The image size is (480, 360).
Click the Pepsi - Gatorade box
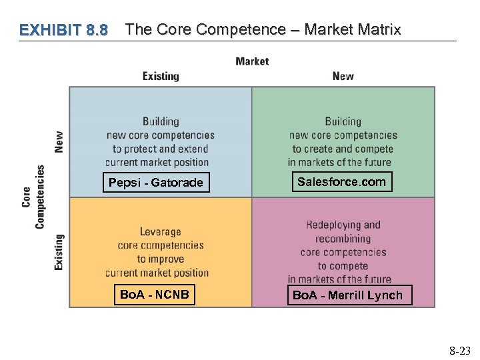pyautogui.click(x=155, y=182)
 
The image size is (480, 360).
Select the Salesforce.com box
pyautogui.click(x=341, y=181)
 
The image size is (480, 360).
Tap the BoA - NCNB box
pyautogui.click(x=154, y=294)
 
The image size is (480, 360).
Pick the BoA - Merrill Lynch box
pyautogui.click(x=347, y=295)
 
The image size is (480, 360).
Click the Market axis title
pyautogui.click(x=252, y=61)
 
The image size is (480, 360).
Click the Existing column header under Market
pyautogui.click(x=161, y=76)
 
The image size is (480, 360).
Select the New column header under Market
pyautogui.click(x=343, y=76)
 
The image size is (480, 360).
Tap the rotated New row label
pyautogui.click(x=59, y=141)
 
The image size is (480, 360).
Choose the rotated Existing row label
pyautogui.click(x=59, y=252)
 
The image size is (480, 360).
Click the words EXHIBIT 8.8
pyautogui.click(x=63, y=30)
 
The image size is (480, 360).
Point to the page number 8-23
pyautogui.click(x=459, y=349)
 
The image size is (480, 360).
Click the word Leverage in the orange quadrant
pyautogui.click(x=160, y=232)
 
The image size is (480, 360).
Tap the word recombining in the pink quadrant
pyautogui.click(x=343, y=239)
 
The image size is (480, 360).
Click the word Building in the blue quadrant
pyautogui.click(x=161, y=121)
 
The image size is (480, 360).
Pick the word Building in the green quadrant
pyautogui.click(x=343, y=121)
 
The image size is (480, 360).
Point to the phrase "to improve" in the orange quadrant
pyautogui.click(x=160, y=259)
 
